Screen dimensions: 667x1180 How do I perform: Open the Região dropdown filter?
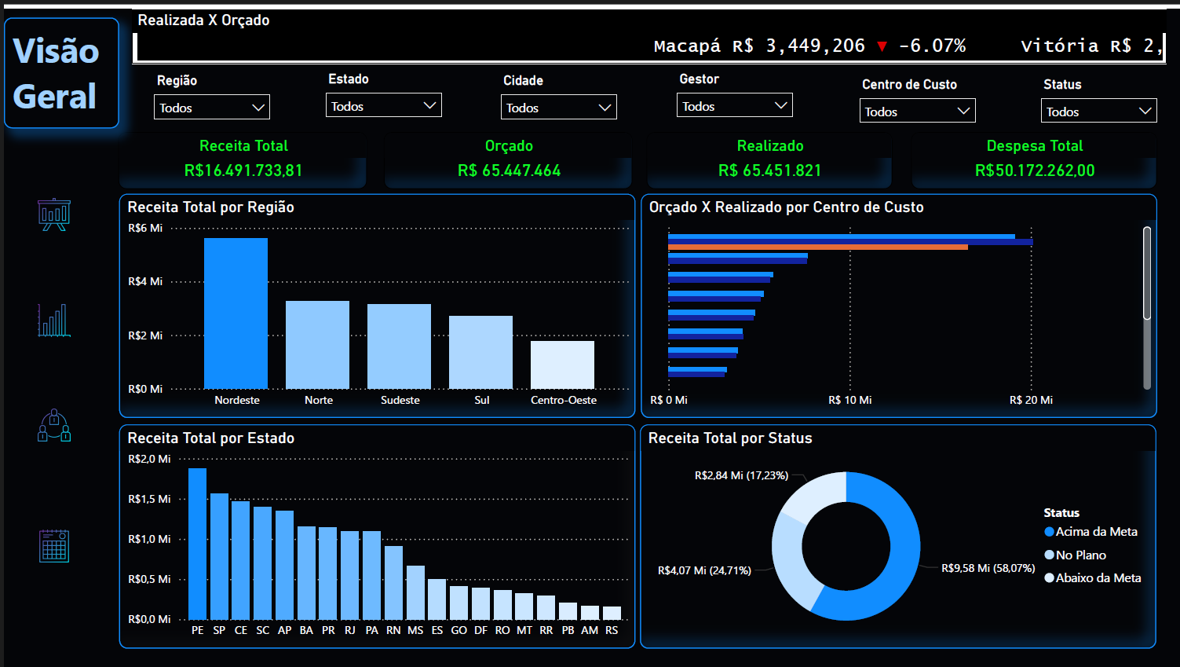[211, 108]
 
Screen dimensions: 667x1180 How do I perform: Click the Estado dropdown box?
[383, 106]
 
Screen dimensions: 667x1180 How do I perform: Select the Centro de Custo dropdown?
[917, 112]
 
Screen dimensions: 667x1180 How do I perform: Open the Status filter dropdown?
[1098, 112]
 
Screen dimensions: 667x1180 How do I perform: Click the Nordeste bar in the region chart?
[236, 313]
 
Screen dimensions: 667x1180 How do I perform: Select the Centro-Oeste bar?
[562, 365]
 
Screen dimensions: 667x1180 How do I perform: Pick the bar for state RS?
[612, 613]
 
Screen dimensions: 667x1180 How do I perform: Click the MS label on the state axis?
[415, 630]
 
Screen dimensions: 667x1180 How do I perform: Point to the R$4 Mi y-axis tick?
[145, 281]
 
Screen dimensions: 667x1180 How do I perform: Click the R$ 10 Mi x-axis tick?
[849, 400]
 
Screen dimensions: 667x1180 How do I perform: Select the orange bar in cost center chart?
[817, 247]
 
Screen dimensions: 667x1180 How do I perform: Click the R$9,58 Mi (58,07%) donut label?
[988, 568]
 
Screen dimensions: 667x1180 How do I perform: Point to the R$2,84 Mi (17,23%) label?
[741, 475]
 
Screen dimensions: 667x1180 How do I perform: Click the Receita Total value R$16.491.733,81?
[243, 170]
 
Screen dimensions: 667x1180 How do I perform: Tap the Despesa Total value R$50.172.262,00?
[1034, 170]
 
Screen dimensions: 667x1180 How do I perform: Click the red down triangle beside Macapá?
[882, 46]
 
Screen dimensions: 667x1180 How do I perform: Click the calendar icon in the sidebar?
[54, 546]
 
